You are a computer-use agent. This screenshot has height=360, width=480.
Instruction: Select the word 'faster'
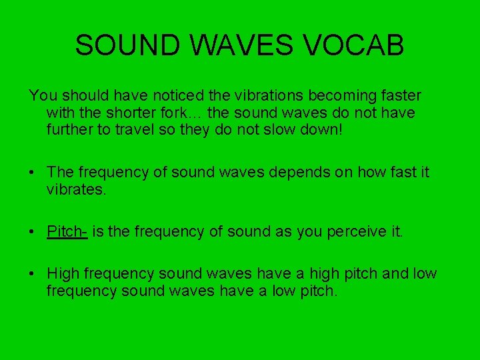coord(399,97)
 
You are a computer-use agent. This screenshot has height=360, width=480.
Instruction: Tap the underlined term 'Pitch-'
coord(67,231)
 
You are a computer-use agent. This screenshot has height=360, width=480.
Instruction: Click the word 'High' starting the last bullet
coord(63,274)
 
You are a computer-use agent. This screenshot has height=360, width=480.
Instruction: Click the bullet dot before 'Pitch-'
coord(32,232)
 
